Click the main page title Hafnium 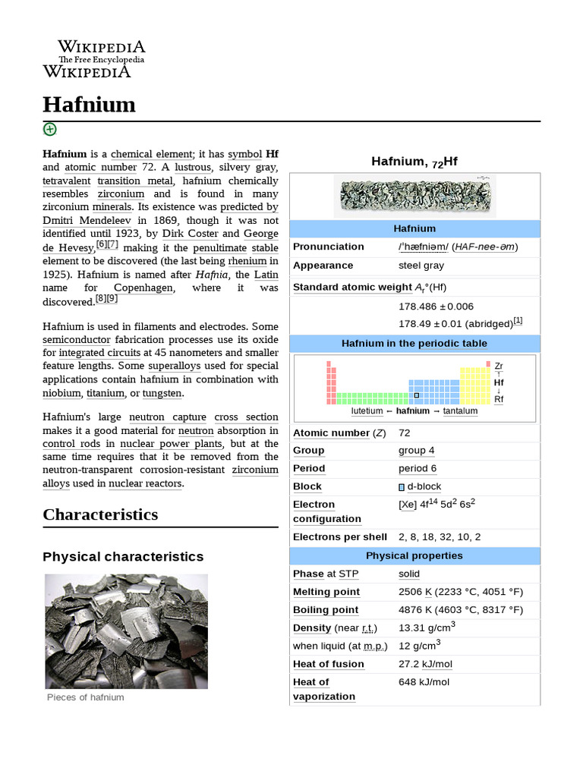89,104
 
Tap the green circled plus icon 50,129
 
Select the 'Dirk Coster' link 191,234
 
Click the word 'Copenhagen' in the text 143,288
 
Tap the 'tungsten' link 162,393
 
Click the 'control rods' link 70,444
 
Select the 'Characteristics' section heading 100,514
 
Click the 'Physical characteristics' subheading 123,557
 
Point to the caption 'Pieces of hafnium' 85,697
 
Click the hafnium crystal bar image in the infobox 414,196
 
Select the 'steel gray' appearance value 421,266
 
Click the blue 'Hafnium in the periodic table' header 414,344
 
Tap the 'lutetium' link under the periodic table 367,411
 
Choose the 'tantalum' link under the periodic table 460,411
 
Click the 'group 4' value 417,451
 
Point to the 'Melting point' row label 326,592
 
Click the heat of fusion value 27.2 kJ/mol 425,664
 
